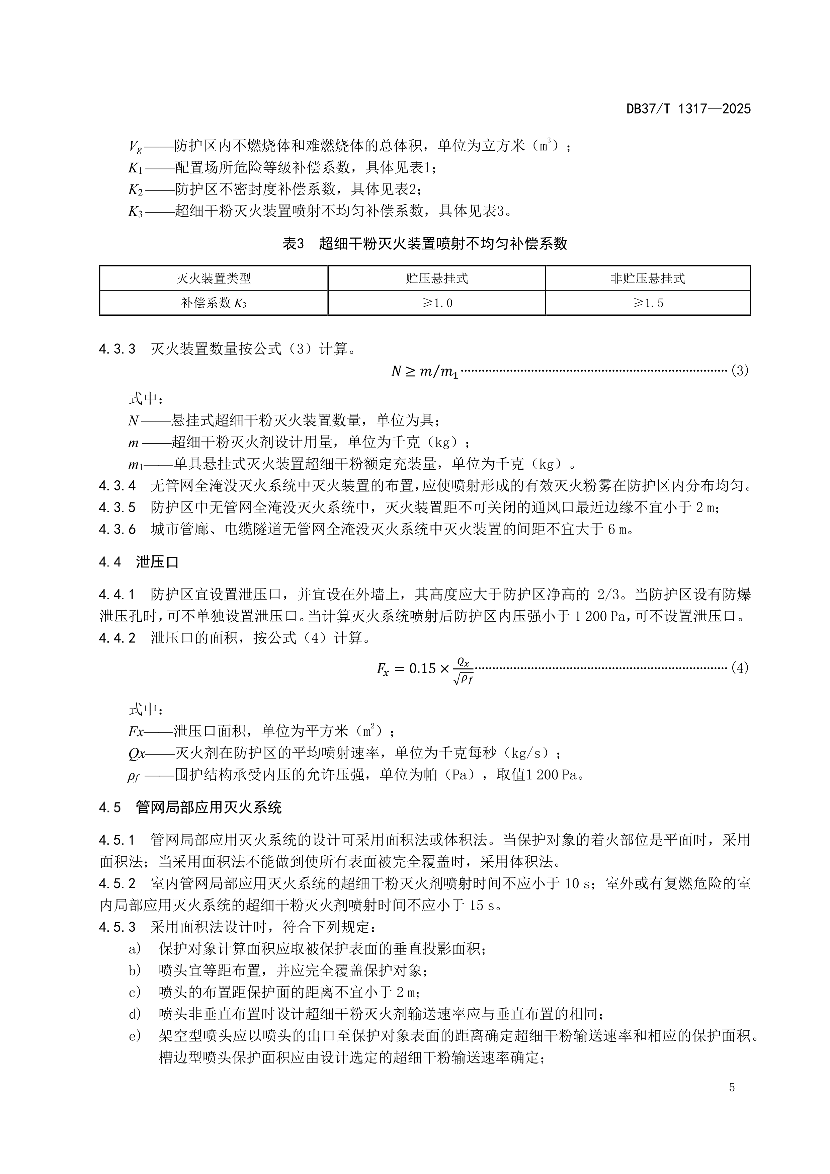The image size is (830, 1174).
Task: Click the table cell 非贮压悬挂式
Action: pyautogui.click(x=648, y=279)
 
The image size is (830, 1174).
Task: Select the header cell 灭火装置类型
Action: pyautogui.click(x=214, y=279)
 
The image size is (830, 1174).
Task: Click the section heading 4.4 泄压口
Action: pyautogui.click(x=139, y=562)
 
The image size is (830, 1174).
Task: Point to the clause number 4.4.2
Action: pyautogui.click(x=117, y=638)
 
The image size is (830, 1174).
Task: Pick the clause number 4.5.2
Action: pyautogui.click(x=117, y=883)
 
